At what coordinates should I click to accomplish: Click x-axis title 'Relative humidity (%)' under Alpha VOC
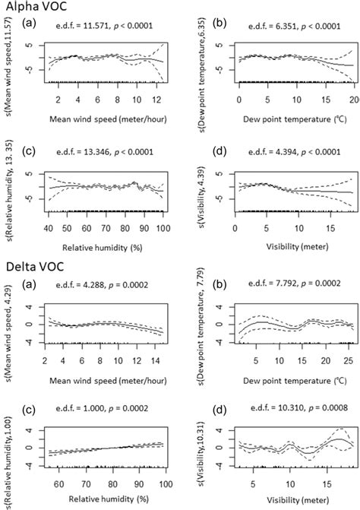tap(105, 248)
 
